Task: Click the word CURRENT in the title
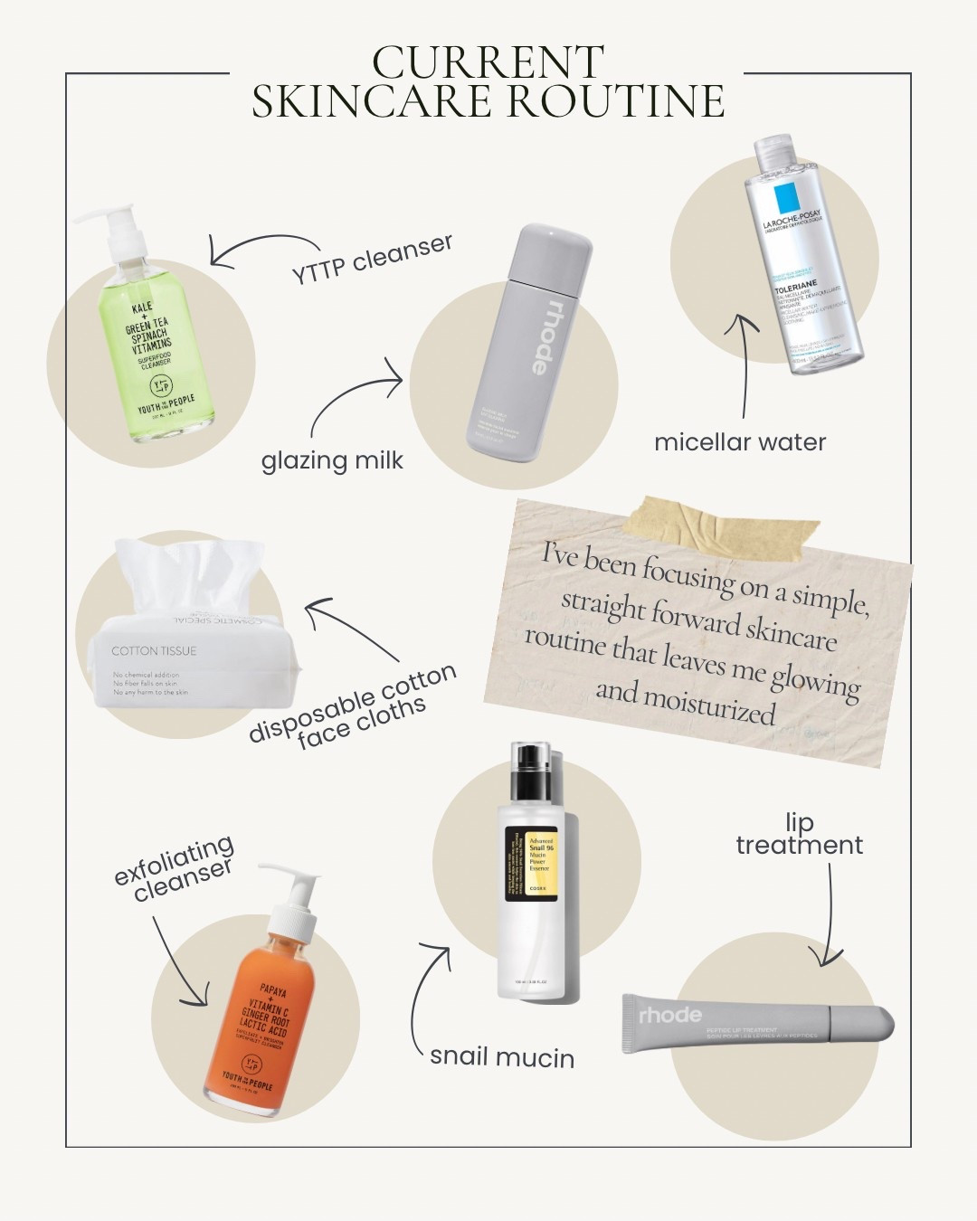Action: click(488, 62)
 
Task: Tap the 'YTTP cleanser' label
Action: click(372, 259)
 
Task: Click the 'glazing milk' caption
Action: click(332, 460)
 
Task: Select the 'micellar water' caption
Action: click(740, 442)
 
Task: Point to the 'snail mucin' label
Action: click(502, 1056)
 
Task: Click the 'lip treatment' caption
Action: click(799, 834)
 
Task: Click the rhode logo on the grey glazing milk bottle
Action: click(537, 333)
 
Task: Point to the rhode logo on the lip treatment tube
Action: click(669, 1015)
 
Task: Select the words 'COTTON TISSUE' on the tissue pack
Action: click(154, 650)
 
